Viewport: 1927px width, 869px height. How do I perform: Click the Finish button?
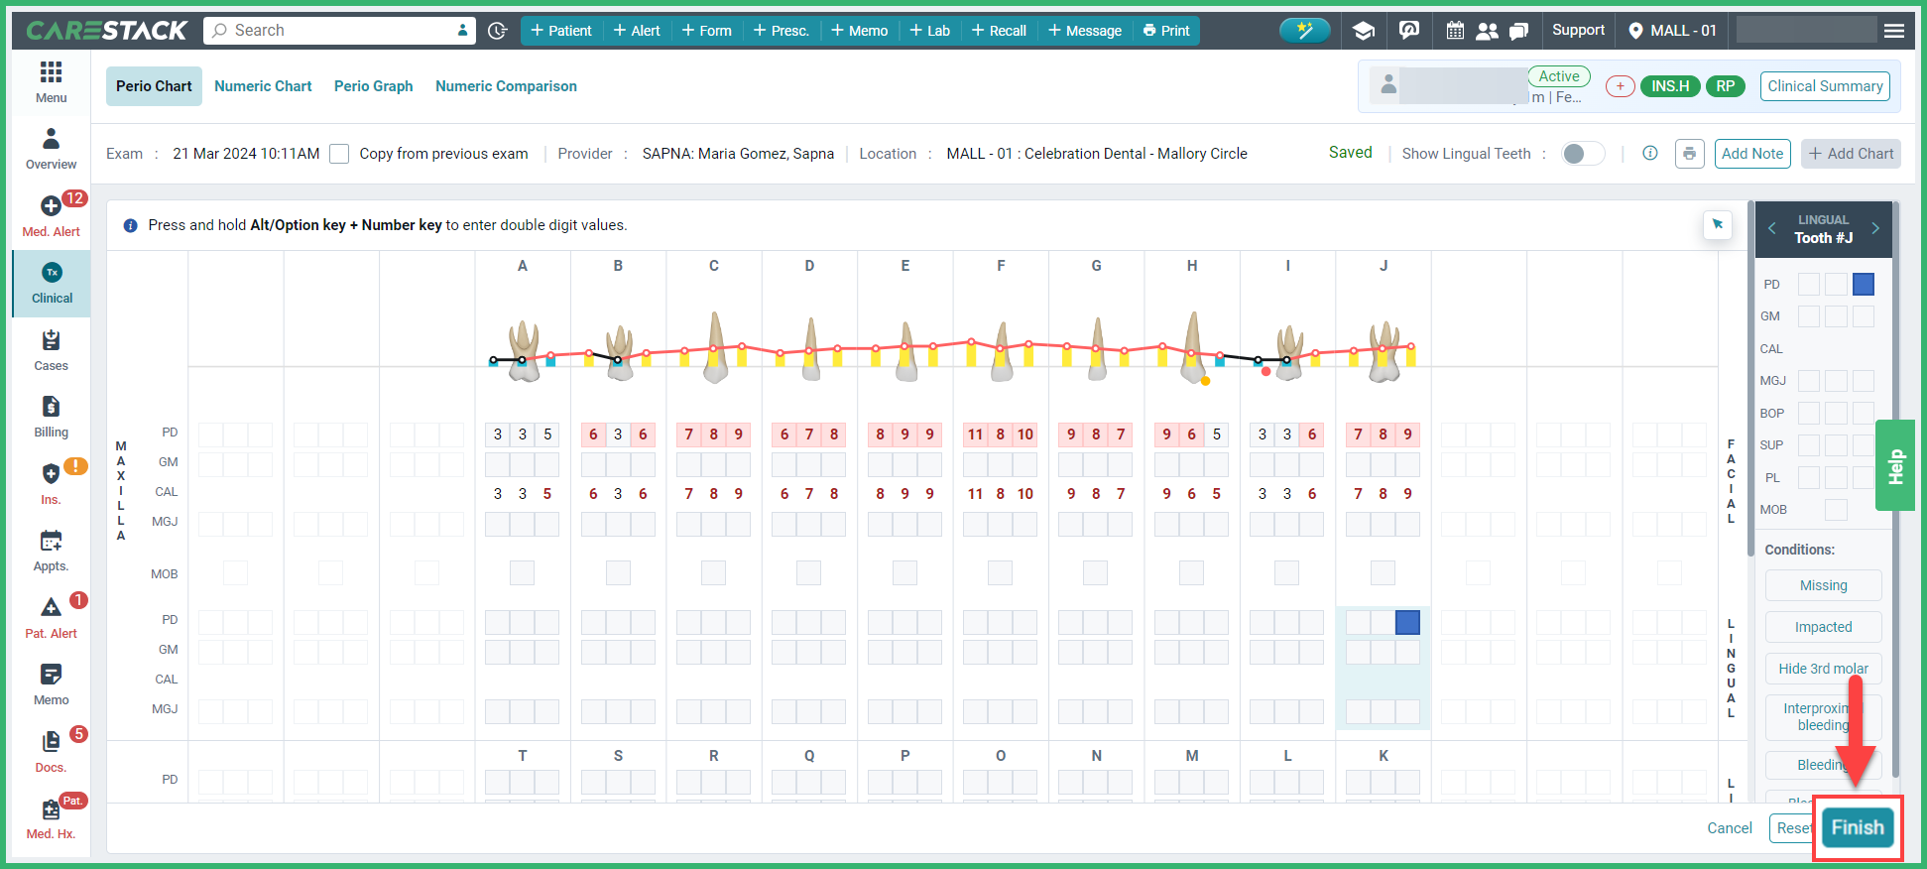(1857, 827)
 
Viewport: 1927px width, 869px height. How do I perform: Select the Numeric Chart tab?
(263, 86)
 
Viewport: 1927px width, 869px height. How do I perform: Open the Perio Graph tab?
(373, 86)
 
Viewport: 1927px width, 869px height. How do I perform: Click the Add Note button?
(1751, 154)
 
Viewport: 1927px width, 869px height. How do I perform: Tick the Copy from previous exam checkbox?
(339, 154)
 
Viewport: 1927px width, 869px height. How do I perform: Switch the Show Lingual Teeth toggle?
(1582, 154)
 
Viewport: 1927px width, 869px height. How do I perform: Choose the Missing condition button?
(1823, 585)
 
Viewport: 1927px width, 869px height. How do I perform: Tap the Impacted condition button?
(1823, 627)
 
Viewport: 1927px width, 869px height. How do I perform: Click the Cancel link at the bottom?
(1729, 828)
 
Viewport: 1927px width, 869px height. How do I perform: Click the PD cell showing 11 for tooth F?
(975, 434)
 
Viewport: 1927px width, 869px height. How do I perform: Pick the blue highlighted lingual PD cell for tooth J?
(1407, 622)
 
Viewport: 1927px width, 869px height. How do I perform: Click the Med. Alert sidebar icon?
(52, 214)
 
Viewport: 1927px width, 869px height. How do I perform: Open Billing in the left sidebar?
(52, 417)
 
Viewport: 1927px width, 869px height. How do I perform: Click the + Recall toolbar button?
(999, 31)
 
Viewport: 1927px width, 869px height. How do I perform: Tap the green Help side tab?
(1895, 465)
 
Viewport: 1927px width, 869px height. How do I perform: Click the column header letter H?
(1192, 266)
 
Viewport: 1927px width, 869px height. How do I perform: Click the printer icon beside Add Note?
(1689, 154)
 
